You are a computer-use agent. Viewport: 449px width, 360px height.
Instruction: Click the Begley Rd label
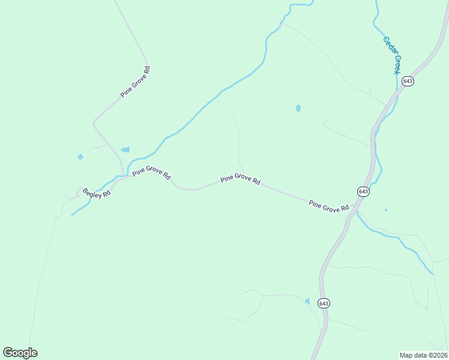tap(97, 193)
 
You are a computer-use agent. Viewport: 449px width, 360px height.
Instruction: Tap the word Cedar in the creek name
tap(388, 46)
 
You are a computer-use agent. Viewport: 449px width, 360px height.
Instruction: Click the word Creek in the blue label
tap(397, 64)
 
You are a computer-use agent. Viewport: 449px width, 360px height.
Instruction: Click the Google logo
tap(20, 353)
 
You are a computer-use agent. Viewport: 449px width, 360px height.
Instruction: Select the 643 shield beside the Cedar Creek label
tap(408, 81)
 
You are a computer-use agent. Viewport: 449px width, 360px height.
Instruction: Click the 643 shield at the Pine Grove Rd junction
tap(363, 191)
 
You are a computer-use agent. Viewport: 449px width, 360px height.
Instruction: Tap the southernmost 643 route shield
tap(324, 303)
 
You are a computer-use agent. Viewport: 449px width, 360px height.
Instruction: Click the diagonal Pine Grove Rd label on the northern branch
tap(135, 82)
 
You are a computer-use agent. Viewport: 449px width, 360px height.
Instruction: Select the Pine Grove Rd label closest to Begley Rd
tap(152, 173)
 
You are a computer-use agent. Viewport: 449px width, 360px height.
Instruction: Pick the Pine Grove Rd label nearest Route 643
tap(328, 206)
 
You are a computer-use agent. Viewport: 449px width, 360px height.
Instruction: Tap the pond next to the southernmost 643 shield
tap(307, 301)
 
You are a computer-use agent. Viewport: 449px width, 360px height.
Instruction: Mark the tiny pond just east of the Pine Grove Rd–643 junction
tap(385, 210)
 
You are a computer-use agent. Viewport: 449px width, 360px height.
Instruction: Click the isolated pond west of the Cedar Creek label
tap(298, 109)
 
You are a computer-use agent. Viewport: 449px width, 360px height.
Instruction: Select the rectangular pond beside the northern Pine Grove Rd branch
tap(125, 149)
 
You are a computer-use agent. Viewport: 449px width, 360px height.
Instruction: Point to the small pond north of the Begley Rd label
tap(80, 157)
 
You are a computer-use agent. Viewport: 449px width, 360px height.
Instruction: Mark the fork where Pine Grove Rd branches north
tap(124, 175)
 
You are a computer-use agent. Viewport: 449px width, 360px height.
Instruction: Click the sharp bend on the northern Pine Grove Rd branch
tap(94, 123)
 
